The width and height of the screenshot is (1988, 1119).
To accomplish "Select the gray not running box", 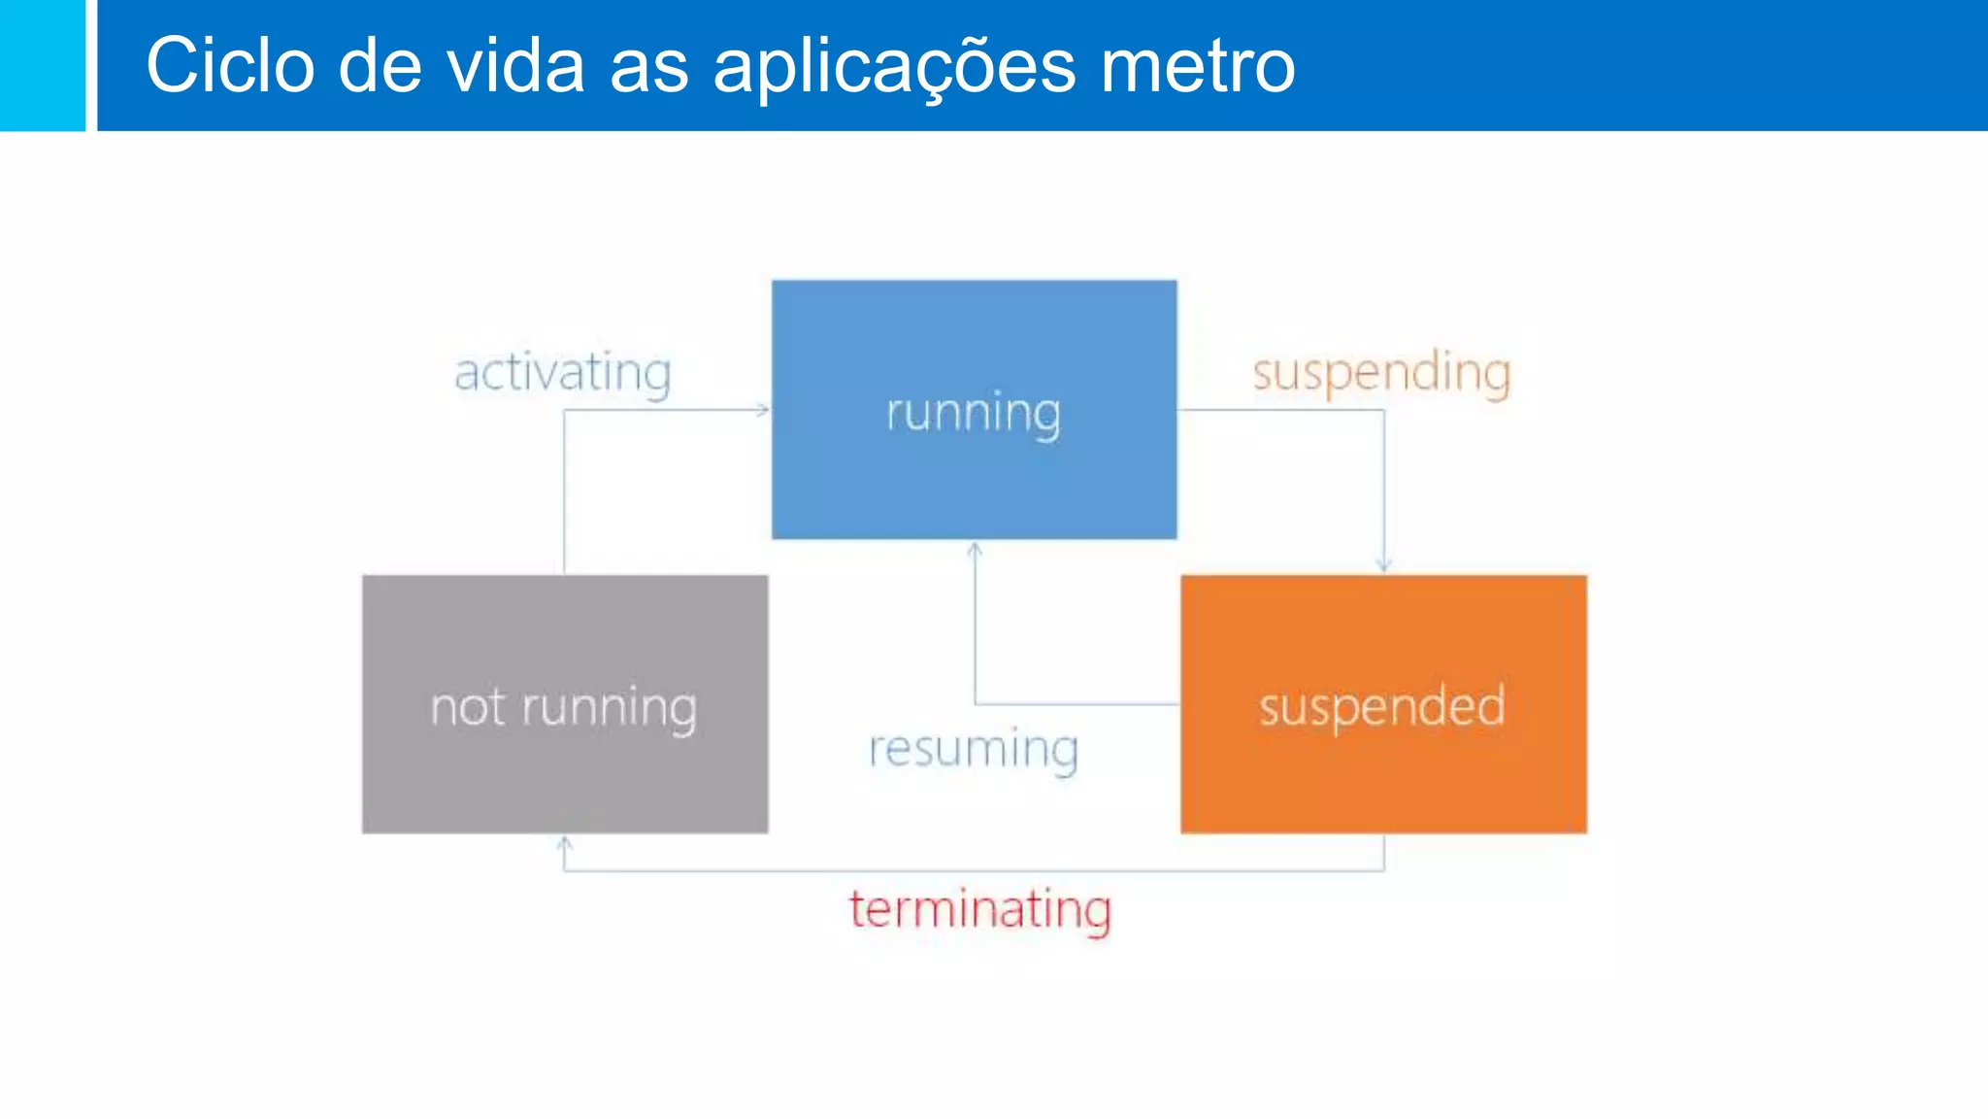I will pyautogui.click(x=565, y=777).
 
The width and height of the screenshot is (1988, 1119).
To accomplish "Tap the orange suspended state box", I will pyautogui.click(x=1383, y=777).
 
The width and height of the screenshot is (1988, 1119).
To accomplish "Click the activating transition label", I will pyautogui.click(x=563, y=373).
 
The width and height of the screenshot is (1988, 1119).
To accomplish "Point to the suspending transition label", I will pyautogui.click(x=1381, y=373).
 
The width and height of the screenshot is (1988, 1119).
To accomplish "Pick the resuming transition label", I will pyautogui.click(x=974, y=750).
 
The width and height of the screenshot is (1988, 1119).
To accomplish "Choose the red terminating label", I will pyautogui.click(x=980, y=910).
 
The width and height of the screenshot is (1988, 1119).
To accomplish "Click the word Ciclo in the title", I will pyautogui.click(x=230, y=65).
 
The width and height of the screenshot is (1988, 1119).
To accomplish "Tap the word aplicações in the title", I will pyautogui.click(x=894, y=65).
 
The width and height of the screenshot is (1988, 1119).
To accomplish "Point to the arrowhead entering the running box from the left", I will pyautogui.click(x=763, y=410).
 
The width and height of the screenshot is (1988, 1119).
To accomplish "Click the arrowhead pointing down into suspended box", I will pyautogui.click(x=1384, y=565).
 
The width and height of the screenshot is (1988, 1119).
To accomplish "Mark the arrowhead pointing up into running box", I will pyautogui.click(x=975, y=550).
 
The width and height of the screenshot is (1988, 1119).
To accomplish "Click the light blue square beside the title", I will pyautogui.click(x=43, y=65).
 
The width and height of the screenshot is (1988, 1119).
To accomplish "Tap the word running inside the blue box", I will pyautogui.click(x=974, y=413).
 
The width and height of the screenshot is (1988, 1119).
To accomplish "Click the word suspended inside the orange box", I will pyautogui.click(x=1382, y=706).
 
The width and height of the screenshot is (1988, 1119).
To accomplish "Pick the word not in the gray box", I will pyautogui.click(x=468, y=707).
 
